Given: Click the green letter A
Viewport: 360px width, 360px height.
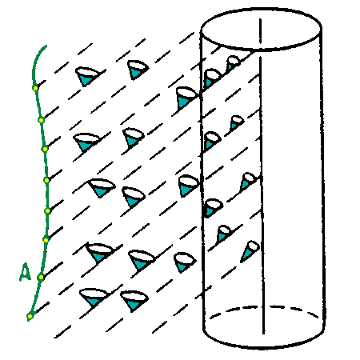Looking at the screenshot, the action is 26,272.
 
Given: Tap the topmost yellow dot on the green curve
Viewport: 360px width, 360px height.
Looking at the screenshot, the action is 35,88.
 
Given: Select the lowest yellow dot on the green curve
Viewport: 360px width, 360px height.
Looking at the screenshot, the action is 30,317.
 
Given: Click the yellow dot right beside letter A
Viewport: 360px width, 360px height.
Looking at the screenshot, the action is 41,277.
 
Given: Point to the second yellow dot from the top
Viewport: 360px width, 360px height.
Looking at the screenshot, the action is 41,120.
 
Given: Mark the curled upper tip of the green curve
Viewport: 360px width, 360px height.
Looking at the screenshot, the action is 46,46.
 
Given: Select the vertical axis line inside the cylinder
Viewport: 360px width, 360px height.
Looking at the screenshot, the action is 262,176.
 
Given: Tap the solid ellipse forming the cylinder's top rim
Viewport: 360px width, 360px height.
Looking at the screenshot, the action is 261,29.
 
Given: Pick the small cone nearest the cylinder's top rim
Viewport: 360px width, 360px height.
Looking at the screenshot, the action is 233,63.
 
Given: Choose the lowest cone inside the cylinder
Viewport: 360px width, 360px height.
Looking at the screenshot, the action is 250,251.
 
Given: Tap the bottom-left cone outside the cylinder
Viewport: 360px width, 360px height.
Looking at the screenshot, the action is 93,297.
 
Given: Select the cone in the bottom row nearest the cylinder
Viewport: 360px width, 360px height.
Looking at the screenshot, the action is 134,301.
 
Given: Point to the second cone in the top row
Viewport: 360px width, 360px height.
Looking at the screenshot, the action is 138,70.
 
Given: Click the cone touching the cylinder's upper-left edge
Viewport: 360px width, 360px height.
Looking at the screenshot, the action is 186,98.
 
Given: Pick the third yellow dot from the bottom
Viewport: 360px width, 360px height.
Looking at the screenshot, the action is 46,240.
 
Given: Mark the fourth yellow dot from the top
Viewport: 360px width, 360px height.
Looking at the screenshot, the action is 46,180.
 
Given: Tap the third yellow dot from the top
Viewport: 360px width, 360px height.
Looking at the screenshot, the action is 45,149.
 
